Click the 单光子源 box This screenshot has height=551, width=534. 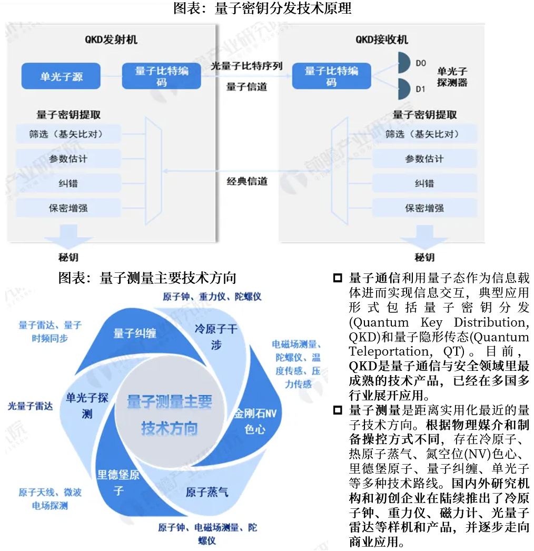[61, 76]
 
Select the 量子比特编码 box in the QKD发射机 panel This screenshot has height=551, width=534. [161, 76]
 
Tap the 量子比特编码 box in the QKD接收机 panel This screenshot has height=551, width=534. [331, 76]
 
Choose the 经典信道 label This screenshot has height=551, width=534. [247, 181]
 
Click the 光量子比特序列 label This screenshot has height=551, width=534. [246, 66]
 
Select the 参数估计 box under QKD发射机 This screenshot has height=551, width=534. [68, 159]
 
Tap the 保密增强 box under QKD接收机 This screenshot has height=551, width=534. [424, 208]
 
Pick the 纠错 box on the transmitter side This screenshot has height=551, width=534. [68, 183]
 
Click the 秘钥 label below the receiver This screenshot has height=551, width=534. [424, 257]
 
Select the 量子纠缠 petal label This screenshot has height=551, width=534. [135, 333]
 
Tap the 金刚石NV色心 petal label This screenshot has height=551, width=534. [255, 421]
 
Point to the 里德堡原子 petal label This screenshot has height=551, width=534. [118, 482]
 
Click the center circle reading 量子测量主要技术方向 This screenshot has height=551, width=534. [169, 415]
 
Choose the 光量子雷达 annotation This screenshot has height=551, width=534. [30, 406]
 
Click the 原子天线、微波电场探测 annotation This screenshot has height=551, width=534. [50, 499]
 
